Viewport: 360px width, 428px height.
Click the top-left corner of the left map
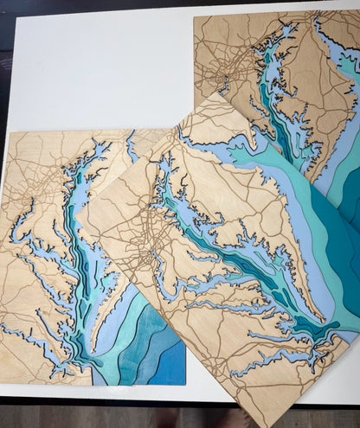(10, 132)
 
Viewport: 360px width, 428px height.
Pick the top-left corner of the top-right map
(195, 17)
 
